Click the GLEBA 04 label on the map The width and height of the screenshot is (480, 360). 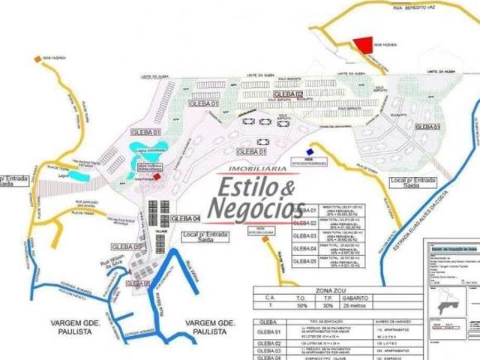coord(185,218)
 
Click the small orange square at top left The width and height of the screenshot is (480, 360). coord(36,58)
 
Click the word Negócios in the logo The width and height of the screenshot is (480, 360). coord(255,208)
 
